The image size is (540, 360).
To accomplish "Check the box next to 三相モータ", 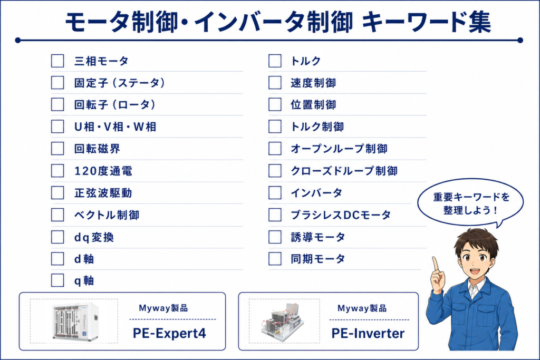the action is pyautogui.click(x=57, y=61).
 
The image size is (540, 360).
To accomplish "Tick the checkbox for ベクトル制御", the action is pyautogui.click(x=57, y=215).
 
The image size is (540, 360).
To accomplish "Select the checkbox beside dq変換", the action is pyautogui.click(x=57, y=237).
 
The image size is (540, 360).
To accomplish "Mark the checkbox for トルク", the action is pyautogui.click(x=275, y=61).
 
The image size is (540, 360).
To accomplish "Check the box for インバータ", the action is pyautogui.click(x=275, y=193).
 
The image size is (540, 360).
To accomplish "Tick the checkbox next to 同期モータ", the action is pyautogui.click(x=275, y=259).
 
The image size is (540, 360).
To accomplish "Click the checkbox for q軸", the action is pyautogui.click(x=57, y=280).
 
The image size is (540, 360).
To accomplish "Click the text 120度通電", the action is pyautogui.click(x=103, y=171).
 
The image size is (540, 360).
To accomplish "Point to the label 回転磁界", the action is pyautogui.click(x=97, y=149).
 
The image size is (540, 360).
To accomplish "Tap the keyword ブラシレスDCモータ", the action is pyautogui.click(x=341, y=215).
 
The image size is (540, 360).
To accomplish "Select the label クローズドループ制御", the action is pyautogui.click(x=344, y=171).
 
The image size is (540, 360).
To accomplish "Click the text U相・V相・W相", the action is pyautogui.click(x=115, y=127).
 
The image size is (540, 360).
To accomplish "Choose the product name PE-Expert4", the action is pyautogui.click(x=169, y=333).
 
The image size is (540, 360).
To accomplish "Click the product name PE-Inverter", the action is pyautogui.click(x=368, y=333).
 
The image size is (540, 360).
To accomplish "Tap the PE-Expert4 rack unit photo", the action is pyautogui.click(x=75, y=322).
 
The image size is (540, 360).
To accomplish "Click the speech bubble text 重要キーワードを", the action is pyautogui.click(x=471, y=197).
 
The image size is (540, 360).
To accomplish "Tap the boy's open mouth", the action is pyautogui.click(x=475, y=271).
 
